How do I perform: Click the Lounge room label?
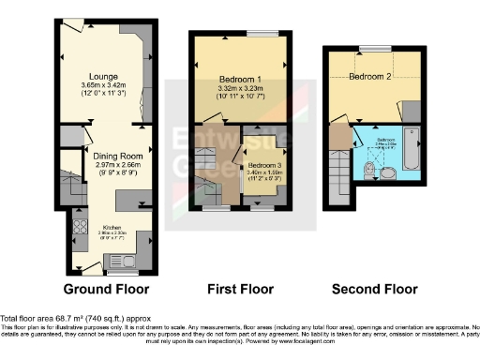[102, 75]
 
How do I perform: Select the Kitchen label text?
[112, 227]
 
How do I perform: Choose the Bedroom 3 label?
[262, 165]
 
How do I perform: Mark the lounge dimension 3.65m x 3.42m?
[102, 85]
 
